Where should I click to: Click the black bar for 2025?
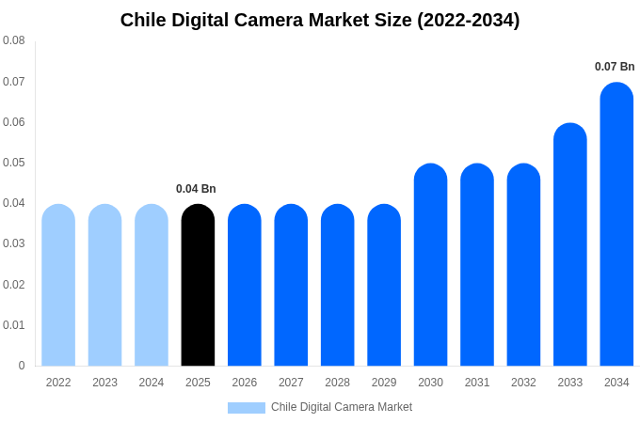point(198,286)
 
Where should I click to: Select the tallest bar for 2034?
point(616,225)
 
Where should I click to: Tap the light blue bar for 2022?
point(58,286)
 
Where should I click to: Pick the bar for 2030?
point(430,265)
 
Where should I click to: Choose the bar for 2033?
point(570,245)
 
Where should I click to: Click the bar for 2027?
point(291,286)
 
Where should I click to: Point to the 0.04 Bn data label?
point(196,189)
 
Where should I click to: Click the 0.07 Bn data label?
point(615,67)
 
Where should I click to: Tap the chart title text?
point(320,20)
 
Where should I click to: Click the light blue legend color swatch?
point(247,407)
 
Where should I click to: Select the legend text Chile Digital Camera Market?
point(342,407)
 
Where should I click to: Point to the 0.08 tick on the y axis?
point(14,40)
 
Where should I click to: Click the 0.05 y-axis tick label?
point(14,163)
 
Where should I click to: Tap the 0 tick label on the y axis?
point(22,366)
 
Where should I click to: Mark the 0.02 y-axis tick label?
point(14,285)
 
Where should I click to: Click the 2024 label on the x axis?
point(152,383)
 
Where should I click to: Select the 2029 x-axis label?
point(384,383)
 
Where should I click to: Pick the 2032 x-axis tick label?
point(523,383)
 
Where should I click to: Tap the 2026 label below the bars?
point(245,383)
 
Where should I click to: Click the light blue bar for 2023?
point(105,286)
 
